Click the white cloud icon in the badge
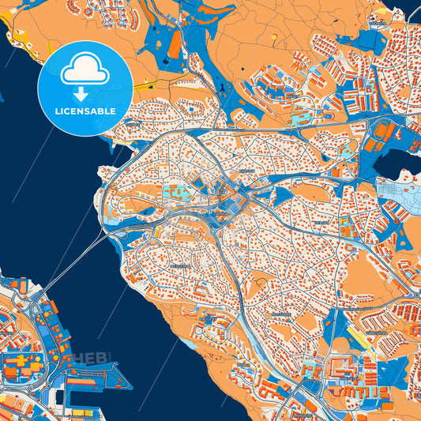click(85, 70)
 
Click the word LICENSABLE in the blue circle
click(85, 111)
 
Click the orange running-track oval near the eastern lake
click(385, 130)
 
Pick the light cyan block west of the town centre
click(177, 190)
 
